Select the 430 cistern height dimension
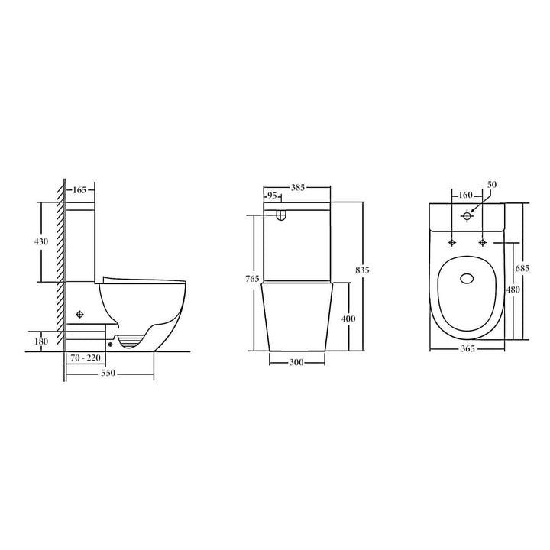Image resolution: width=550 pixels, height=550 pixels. point(42,241)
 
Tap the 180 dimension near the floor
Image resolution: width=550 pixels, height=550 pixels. point(42,341)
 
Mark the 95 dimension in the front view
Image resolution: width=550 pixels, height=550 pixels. point(271,197)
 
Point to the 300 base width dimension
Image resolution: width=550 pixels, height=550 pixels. point(297,362)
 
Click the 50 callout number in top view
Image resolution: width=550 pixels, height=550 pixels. point(492,185)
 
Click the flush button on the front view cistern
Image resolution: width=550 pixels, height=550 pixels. point(281,215)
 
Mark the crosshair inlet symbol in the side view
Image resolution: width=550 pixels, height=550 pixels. point(80,313)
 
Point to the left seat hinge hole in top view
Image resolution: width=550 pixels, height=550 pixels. point(452,242)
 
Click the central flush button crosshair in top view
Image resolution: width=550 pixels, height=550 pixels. point(467,215)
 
